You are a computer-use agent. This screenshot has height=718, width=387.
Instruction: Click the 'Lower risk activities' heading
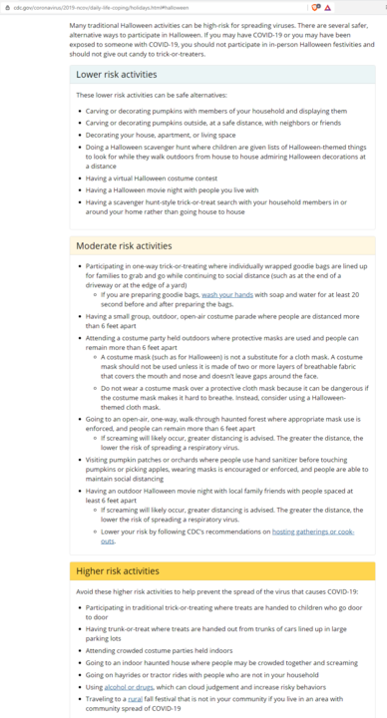(x=117, y=74)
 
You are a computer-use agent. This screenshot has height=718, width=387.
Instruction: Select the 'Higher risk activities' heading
(x=118, y=571)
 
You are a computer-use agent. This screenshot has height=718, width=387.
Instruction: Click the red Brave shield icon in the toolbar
(x=315, y=7)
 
